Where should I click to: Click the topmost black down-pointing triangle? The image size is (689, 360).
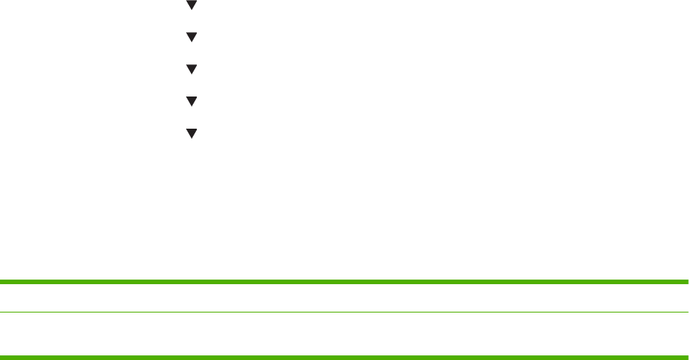(x=192, y=5)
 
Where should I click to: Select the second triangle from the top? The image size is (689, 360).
(x=192, y=36)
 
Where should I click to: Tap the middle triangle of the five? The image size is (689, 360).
(x=192, y=69)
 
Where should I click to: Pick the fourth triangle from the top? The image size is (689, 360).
(x=192, y=100)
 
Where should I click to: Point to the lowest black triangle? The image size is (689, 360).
(x=192, y=133)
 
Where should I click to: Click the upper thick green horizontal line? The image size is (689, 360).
(x=344, y=282)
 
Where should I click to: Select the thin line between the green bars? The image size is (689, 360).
(x=344, y=312)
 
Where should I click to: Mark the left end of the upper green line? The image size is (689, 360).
(x=2, y=282)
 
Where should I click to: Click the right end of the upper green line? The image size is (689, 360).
(x=686, y=282)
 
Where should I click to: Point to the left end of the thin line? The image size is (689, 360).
(x=2, y=312)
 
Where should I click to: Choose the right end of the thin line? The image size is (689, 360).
(x=686, y=312)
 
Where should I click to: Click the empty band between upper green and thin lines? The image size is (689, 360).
(x=344, y=297)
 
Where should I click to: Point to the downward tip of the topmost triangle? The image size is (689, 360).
(x=192, y=8)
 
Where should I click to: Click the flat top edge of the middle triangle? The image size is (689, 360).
(x=192, y=65)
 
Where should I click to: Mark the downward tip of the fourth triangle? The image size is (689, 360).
(x=192, y=105)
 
